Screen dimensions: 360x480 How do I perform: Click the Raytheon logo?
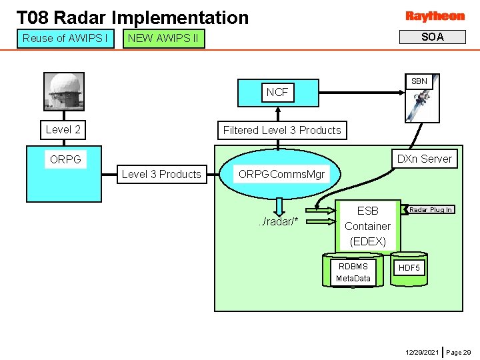[435, 16]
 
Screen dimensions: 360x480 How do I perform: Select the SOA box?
[432, 37]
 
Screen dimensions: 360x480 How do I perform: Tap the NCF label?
[277, 93]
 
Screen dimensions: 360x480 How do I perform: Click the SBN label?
[419, 81]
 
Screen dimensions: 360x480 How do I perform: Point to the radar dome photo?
[64, 90]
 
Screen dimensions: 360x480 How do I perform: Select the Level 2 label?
[63, 129]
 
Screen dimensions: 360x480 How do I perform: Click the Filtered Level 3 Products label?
[282, 130]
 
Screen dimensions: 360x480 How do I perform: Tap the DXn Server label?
[425, 159]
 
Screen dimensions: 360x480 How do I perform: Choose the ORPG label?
[65, 160]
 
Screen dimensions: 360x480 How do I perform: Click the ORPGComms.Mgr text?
[281, 174]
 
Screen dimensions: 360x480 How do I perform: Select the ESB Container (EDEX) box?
[367, 226]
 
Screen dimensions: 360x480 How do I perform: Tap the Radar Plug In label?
[431, 209]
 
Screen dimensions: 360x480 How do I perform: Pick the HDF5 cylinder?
[409, 268]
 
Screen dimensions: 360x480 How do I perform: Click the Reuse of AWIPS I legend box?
[65, 38]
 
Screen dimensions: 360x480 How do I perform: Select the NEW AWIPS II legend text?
[163, 38]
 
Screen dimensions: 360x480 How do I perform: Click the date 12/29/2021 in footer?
[421, 351]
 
